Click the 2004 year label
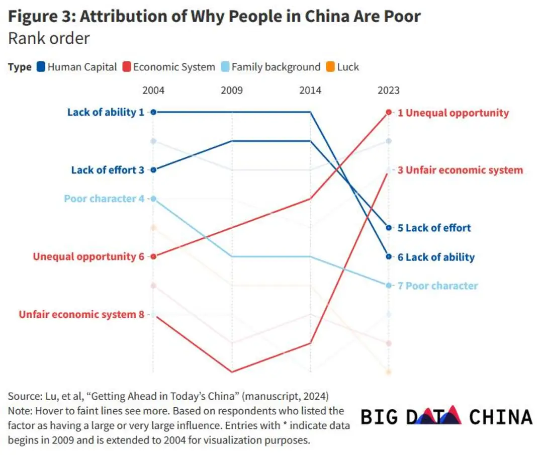coord(153,90)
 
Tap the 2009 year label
coord(232,90)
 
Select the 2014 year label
coord(310,90)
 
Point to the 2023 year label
coord(389,90)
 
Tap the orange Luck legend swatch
coord(330,67)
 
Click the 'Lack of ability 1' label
coord(106,112)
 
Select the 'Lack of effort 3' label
coord(108,170)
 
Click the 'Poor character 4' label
coord(104,199)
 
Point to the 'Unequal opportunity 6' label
coord(88,256)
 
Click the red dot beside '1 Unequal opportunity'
coord(389,112)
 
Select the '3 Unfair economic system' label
coord(460,170)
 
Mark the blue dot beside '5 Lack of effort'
coord(389,228)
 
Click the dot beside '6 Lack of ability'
coord(389,256)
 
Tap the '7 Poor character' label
coord(437,286)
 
